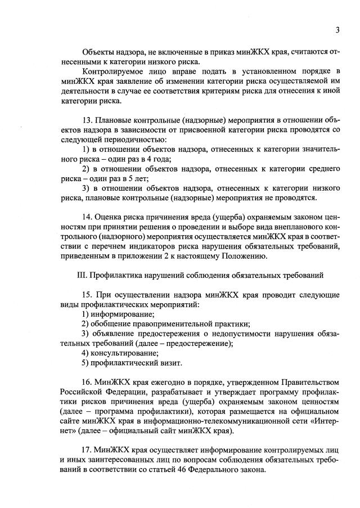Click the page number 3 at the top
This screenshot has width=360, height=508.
tap(337, 30)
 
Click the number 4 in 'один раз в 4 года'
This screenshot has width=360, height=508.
tap(158, 159)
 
